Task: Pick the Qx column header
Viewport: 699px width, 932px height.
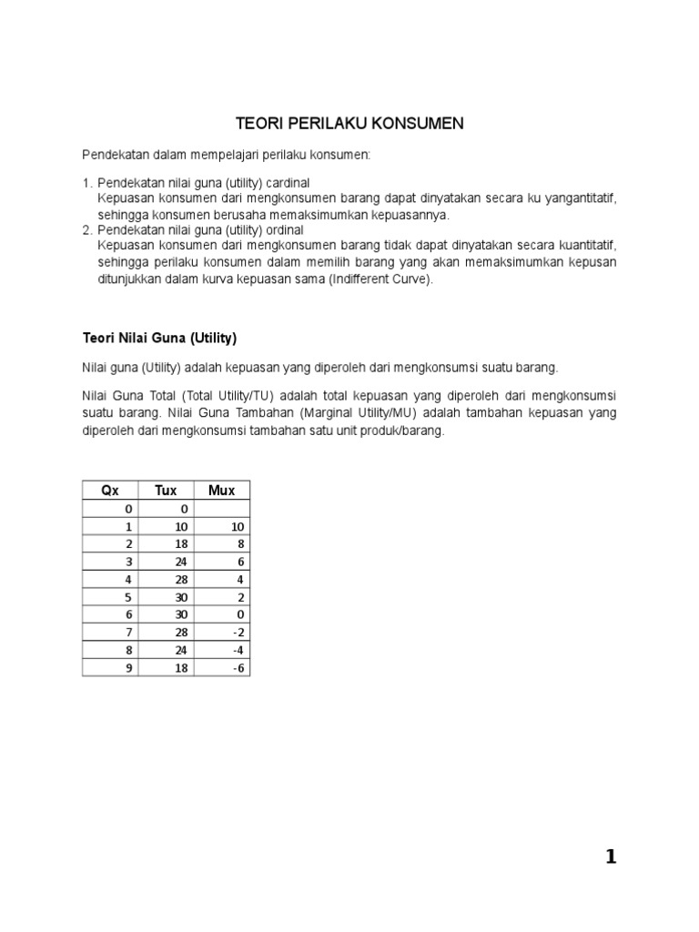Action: [x=110, y=490]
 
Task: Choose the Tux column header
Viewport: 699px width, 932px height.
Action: [x=166, y=490]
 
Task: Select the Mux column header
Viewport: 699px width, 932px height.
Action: [x=221, y=490]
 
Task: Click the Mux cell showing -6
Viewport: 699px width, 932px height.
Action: [x=238, y=667]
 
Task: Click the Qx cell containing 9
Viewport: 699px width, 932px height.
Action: [x=128, y=667]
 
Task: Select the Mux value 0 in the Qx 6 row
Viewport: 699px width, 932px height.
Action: [x=241, y=614]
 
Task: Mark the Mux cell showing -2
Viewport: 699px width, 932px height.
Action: [x=238, y=632]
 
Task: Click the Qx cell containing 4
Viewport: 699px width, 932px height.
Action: [x=128, y=579]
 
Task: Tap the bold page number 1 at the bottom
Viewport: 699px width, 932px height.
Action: [x=611, y=856]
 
